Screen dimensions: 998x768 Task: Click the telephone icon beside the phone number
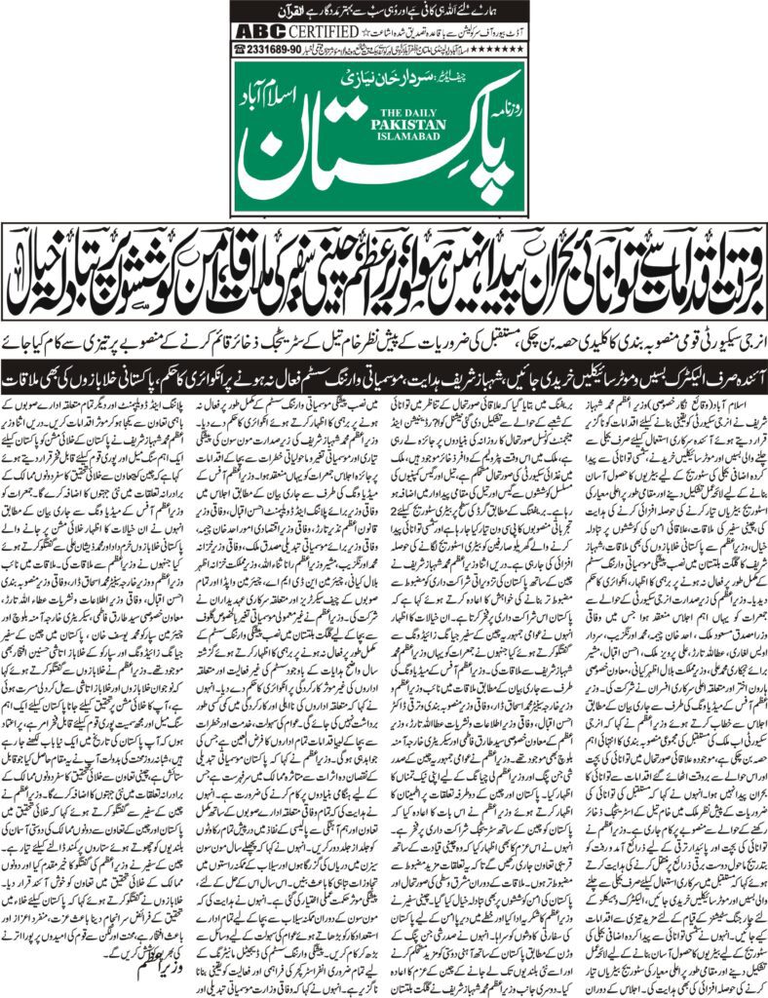click(x=240, y=49)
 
